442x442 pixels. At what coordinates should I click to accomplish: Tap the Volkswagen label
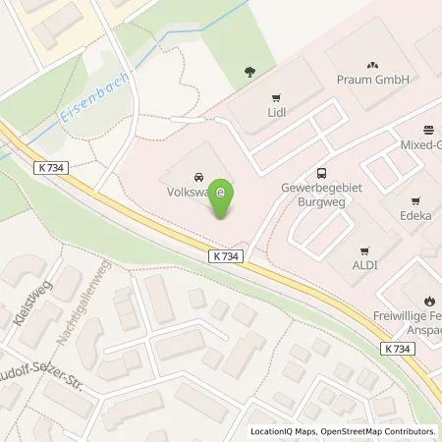(188, 193)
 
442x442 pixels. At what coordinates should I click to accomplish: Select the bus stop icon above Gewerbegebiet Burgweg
(322, 171)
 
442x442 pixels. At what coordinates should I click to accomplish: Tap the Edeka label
(415, 211)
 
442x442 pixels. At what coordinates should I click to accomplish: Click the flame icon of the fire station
(430, 301)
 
